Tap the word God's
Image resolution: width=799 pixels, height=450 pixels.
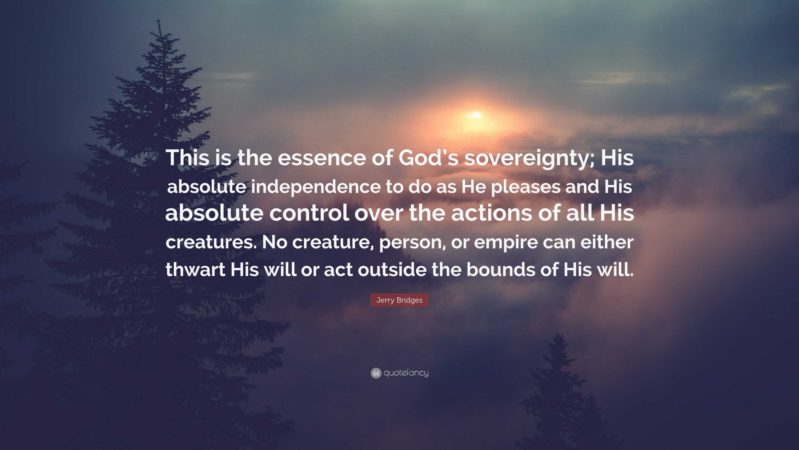(x=428, y=158)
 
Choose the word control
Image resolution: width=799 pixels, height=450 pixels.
(x=309, y=213)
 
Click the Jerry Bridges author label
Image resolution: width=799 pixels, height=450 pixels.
(x=399, y=300)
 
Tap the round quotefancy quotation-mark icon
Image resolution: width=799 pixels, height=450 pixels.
(x=376, y=373)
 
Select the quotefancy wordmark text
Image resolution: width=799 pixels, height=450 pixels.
(x=406, y=373)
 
